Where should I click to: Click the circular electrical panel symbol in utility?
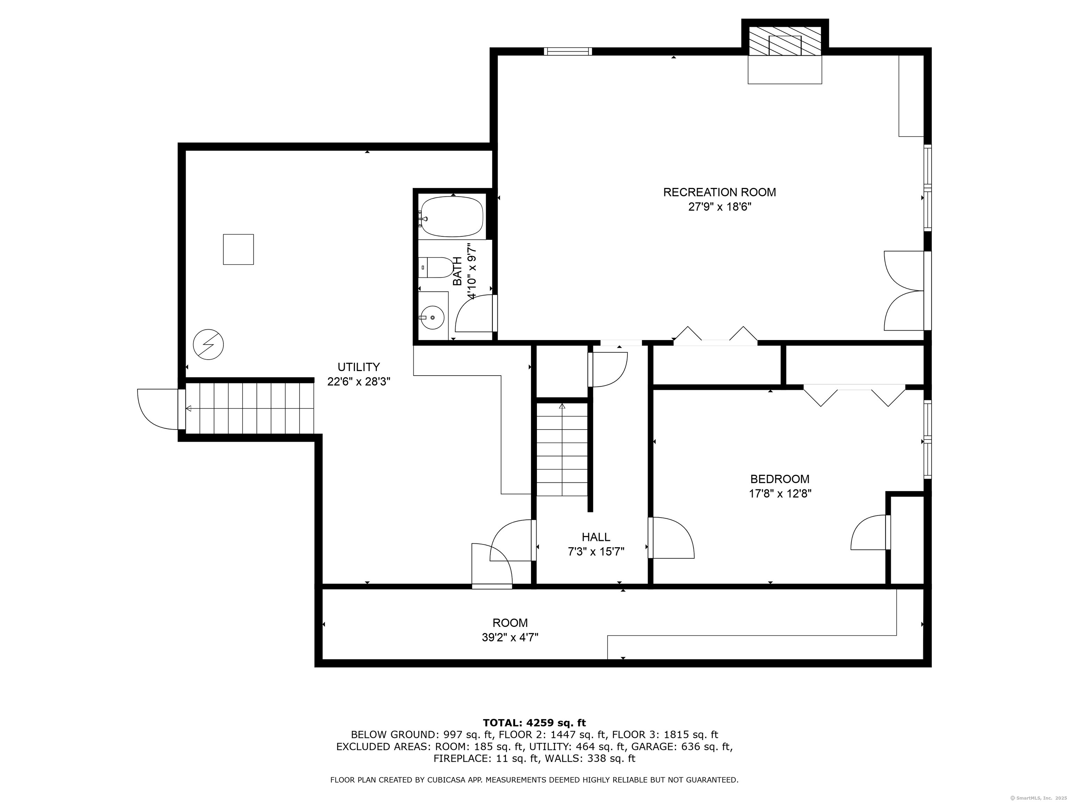point(208,345)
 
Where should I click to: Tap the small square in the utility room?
point(238,250)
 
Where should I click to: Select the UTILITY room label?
point(358,367)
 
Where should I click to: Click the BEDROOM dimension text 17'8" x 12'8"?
point(779,494)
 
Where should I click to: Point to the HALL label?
point(596,537)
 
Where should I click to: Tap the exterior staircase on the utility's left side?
point(250,409)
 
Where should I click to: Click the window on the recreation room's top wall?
point(568,51)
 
